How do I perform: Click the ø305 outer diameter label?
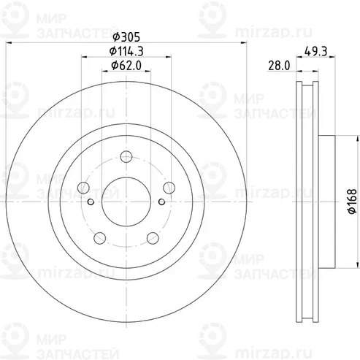(127, 37)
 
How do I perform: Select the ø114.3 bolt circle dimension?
(127, 51)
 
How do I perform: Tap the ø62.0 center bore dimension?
(127, 66)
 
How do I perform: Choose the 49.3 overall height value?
(315, 51)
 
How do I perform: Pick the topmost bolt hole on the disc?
(126, 155)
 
